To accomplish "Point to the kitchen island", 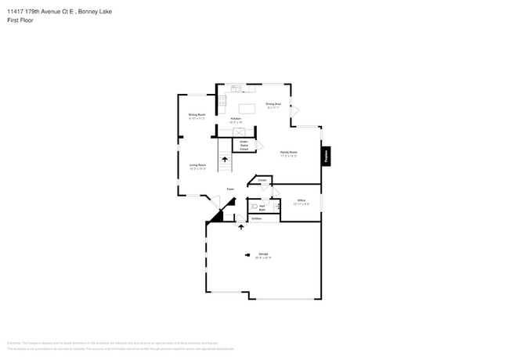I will coord(247,109).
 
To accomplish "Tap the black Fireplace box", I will coord(327,157).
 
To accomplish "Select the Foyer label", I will coord(230,189).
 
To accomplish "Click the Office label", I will coord(301,201).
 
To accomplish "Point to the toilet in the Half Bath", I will coord(254,207).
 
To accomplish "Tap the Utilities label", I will coord(256,219).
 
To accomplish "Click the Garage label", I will coord(262,255).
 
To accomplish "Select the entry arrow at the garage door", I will coord(241,228).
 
